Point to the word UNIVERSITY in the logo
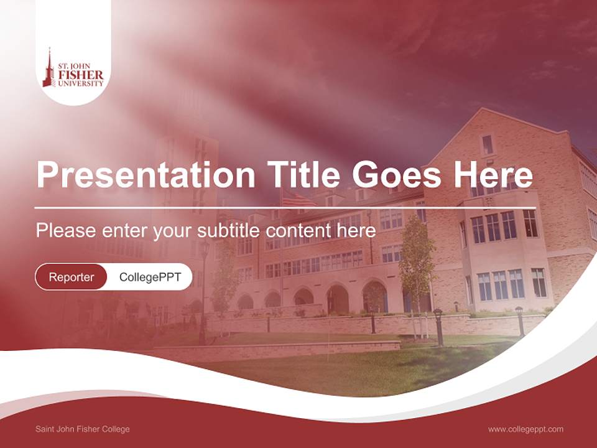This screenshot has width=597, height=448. click(81, 83)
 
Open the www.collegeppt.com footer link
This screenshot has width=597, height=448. click(525, 429)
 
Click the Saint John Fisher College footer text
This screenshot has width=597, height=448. click(83, 429)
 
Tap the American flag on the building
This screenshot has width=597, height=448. click(298, 200)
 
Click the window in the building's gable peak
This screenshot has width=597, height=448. click(487, 144)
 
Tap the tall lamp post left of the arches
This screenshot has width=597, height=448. click(203, 292)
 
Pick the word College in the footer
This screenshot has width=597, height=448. click(116, 429)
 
